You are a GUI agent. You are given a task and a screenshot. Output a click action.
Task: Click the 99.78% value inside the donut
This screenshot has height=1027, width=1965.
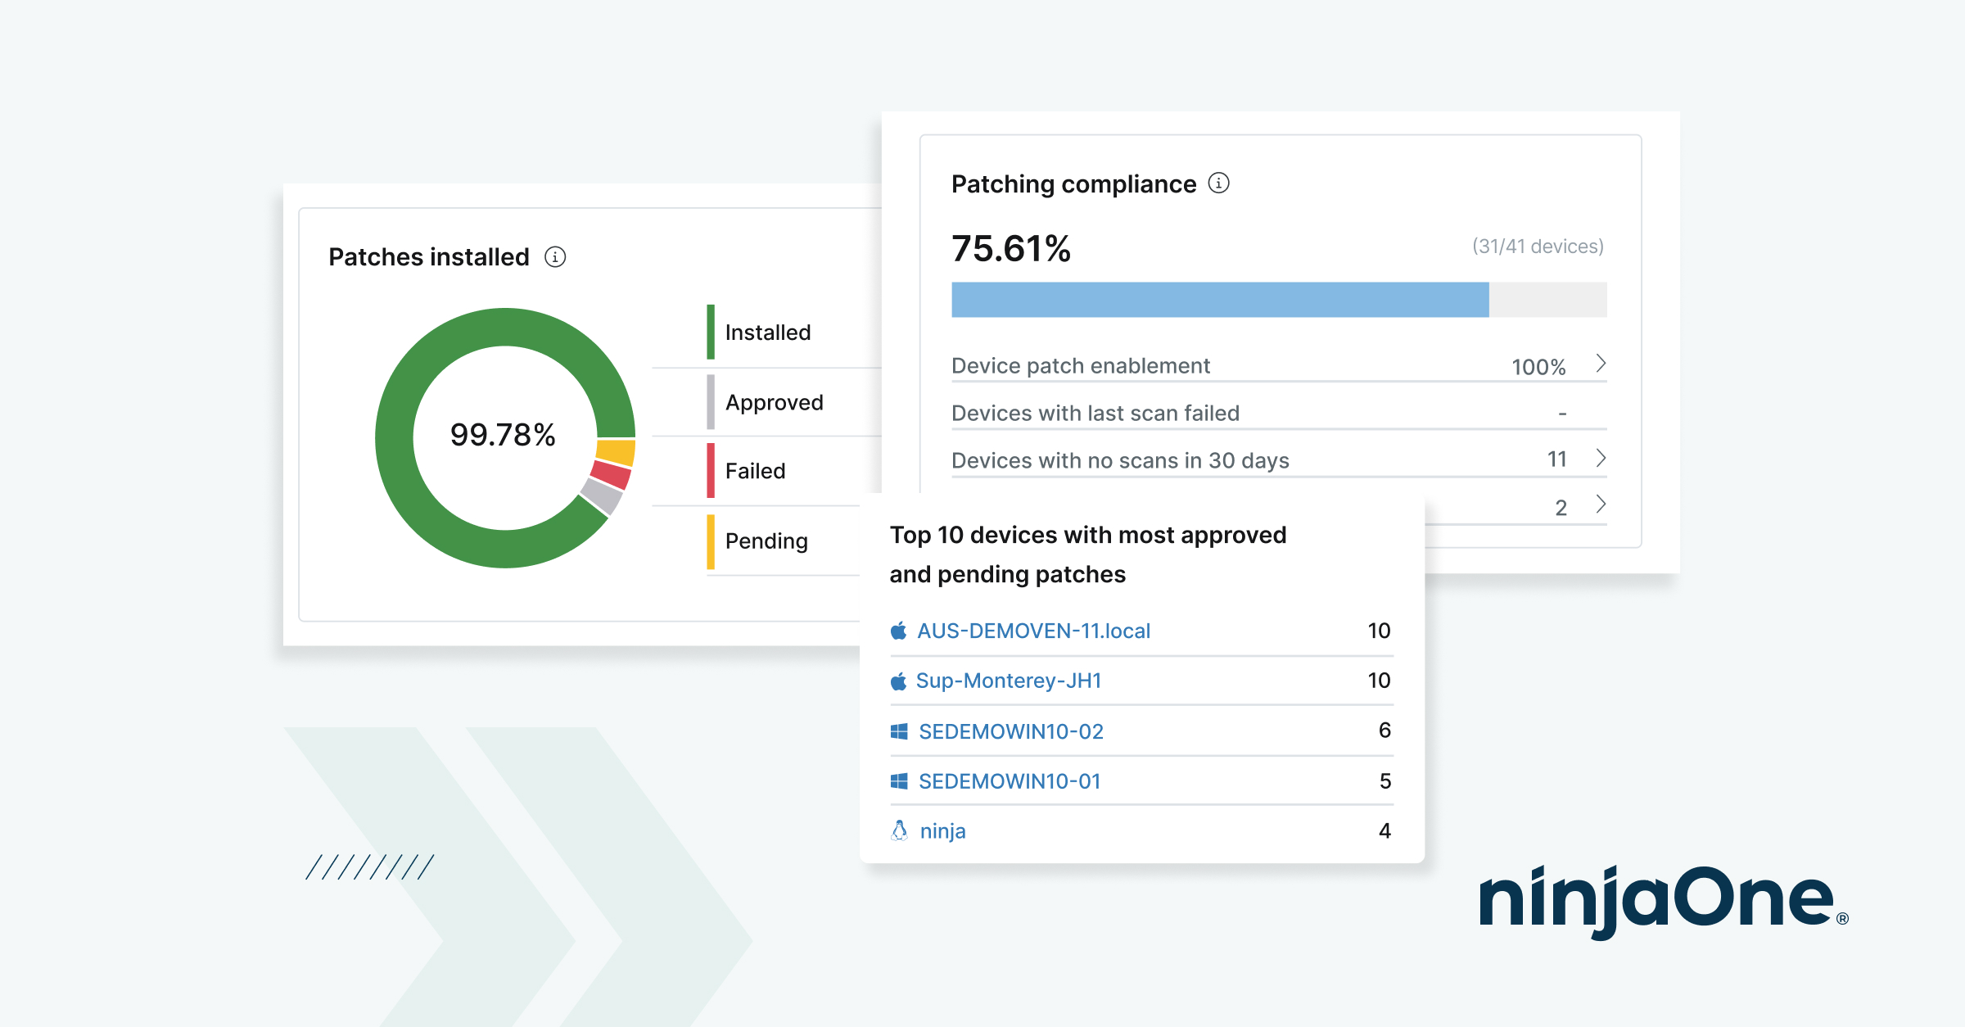503,435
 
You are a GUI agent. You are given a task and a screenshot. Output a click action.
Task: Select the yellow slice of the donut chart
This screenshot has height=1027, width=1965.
616,452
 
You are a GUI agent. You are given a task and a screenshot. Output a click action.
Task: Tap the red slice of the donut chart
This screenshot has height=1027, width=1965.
611,475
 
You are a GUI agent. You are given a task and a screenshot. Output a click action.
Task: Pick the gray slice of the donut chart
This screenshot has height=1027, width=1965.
602,496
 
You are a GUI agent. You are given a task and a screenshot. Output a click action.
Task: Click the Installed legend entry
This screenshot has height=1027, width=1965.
767,333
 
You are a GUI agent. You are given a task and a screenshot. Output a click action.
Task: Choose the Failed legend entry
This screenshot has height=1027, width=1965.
755,471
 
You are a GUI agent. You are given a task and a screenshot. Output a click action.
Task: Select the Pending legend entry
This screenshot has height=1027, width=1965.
766,541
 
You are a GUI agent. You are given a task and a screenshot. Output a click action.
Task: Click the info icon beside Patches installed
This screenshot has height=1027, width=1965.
555,257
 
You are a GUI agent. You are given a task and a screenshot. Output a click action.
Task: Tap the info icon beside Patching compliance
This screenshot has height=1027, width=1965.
1218,183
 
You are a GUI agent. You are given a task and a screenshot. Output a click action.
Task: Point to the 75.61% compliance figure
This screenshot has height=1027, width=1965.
1011,248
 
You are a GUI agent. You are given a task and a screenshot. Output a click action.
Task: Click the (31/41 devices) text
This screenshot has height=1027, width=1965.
1537,247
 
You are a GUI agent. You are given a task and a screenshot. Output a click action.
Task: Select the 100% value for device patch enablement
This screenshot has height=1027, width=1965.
1538,367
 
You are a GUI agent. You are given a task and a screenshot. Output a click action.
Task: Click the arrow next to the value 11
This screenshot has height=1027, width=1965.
1601,458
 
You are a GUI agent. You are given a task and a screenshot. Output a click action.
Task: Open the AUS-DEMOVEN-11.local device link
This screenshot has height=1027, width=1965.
1033,631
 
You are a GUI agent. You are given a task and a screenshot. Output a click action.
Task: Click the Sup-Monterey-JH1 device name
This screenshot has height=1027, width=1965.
1008,681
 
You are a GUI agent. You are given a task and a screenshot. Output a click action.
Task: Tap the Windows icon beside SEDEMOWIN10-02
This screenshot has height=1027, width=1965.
899,731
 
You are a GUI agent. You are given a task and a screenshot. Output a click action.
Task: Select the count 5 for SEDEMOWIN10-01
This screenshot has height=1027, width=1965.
1385,781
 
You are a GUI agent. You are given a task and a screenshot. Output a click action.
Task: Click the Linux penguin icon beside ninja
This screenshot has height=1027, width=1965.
899,830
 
